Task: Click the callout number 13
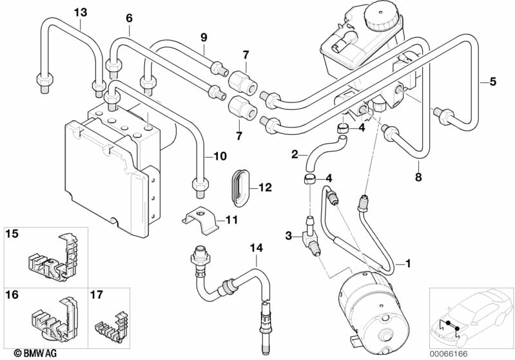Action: [79, 12]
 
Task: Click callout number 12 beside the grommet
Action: [265, 187]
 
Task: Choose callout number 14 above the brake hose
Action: [257, 246]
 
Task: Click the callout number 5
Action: [492, 81]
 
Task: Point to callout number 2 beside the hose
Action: [295, 154]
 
